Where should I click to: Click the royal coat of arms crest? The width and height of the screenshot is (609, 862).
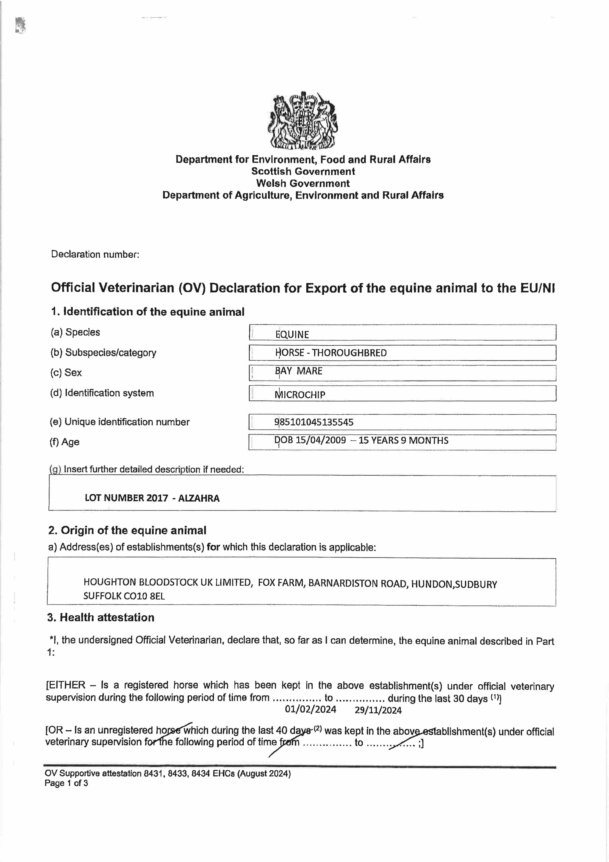click(x=303, y=120)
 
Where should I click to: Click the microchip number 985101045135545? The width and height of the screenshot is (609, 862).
click(x=314, y=422)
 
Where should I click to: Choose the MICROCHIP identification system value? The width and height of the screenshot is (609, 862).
click(x=300, y=395)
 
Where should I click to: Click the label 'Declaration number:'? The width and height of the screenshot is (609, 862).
click(x=95, y=254)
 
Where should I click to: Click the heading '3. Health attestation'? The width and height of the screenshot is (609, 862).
click(x=101, y=618)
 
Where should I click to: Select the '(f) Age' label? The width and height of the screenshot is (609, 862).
click(x=65, y=442)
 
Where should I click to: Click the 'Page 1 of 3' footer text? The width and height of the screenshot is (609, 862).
click(x=66, y=783)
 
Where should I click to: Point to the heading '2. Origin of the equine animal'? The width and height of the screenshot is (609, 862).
click(x=127, y=530)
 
